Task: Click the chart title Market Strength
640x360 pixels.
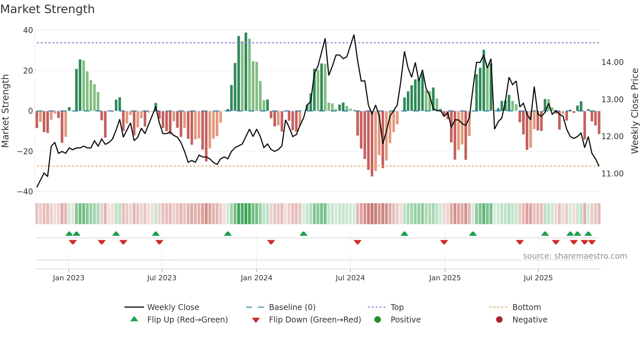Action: (47, 9)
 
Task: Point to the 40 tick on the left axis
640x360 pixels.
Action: (28, 30)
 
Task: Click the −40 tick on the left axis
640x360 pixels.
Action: (25, 192)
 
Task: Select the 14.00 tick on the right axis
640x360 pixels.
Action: (612, 62)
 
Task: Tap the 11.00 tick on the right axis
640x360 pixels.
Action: (612, 174)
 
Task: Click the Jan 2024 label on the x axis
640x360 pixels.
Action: (256, 278)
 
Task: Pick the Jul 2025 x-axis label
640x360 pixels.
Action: (538, 278)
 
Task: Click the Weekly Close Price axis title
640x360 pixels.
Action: (634, 111)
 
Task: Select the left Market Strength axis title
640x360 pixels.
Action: (6, 111)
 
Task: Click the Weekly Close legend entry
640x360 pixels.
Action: (173, 307)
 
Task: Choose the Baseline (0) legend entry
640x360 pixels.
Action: (292, 307)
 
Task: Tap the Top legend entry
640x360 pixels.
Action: (397, 307)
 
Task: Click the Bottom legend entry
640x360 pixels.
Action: (526, 307)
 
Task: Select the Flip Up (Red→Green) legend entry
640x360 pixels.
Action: (187, 320)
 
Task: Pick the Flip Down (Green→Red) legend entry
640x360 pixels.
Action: (315, 320)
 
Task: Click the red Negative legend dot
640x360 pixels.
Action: (499, 320)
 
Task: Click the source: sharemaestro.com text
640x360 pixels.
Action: (575, 256)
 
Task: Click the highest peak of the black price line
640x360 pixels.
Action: (354, 35)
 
